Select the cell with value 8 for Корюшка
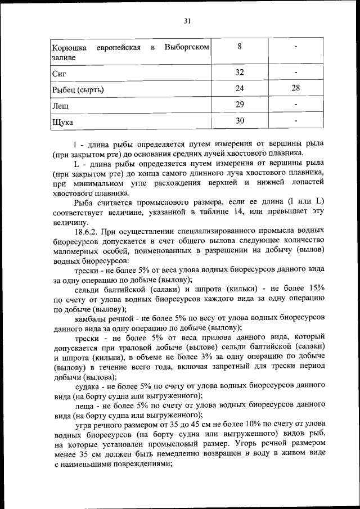click(x=240, y=47)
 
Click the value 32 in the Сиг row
click(x=240, y=72)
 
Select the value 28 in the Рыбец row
click(x=295, y=88)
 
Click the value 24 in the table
click(x=240, y=88)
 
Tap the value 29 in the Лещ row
click(x=240, y=105)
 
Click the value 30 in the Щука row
click(x=240, y=121)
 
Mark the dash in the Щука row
click(x=295, y=121)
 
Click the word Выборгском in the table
click(x=187, y=47)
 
